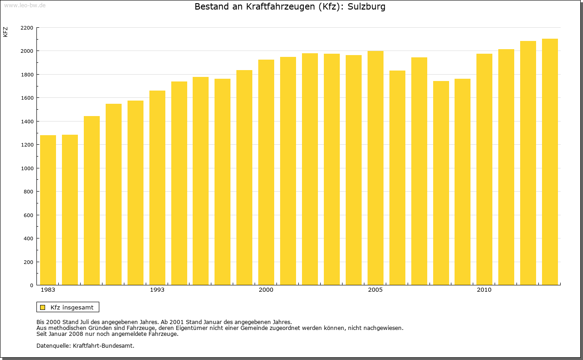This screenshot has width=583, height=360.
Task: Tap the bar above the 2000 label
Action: pyautogui.click(x=266, y=172)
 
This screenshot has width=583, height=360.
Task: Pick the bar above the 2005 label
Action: pyautogui.click(x=375, y=168)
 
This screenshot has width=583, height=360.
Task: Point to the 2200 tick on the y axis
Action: pyautogui.click(x=27, y=28)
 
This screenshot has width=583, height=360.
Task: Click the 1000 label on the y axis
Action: pyautogui.click(x=27, y=168)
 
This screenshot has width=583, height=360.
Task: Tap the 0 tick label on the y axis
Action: pyautogui.click(x=31, y=285)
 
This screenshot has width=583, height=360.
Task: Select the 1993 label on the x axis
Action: pyautogui.click(x=157, y=290)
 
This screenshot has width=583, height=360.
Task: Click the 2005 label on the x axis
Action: pyautogui.click(x=375, y=290)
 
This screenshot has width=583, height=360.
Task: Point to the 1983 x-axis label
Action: pyautogui.click(x=48, y=290)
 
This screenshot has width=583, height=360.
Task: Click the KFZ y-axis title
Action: pyautogui.click(x=5, y=32)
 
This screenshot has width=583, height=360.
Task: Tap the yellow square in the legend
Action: pyautogui.click(x=42, y=307)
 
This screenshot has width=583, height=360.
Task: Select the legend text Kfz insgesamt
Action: pyautogui.click(x=72, y=307)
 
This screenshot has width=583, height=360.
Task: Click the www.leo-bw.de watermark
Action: pyautogui.click(x=25, y=5)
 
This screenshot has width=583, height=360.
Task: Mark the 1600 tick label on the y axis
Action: pyautogui.click(x=27, y=98)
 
